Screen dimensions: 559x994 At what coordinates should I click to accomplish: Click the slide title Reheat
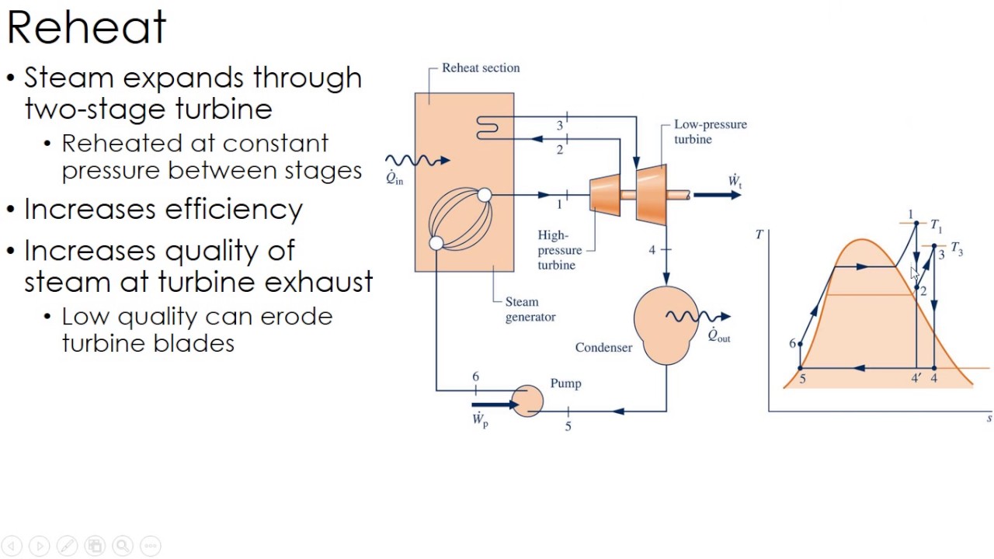(86, 28)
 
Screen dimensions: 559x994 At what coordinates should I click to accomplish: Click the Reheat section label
(481, 68)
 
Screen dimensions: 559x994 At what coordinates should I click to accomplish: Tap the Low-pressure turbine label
(710, 132)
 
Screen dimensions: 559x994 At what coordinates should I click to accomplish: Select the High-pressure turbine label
(559, 250)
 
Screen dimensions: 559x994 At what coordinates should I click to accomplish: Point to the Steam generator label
(530, 309)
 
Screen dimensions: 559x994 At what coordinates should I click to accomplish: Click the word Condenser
(603, 348)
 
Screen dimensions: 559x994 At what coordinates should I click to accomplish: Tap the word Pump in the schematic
(565, 384)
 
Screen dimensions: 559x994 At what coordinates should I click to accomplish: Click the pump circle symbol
(528, 401)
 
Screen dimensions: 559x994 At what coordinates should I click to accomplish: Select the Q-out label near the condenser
(718, 335)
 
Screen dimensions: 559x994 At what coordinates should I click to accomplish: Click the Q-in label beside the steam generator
(394, 178)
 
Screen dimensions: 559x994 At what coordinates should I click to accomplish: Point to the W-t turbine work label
(735, 182)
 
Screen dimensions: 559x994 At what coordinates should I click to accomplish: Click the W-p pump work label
(480, 420)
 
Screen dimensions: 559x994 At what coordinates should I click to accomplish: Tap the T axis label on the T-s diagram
(759, 234)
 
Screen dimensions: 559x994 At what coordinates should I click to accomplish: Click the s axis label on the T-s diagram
(989, 418)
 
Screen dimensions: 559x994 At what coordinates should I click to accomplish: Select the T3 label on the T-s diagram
(957, 249)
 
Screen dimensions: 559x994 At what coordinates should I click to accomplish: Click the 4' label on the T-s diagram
(916, 379)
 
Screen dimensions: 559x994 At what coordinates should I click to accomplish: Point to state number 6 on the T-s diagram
(792, 344)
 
